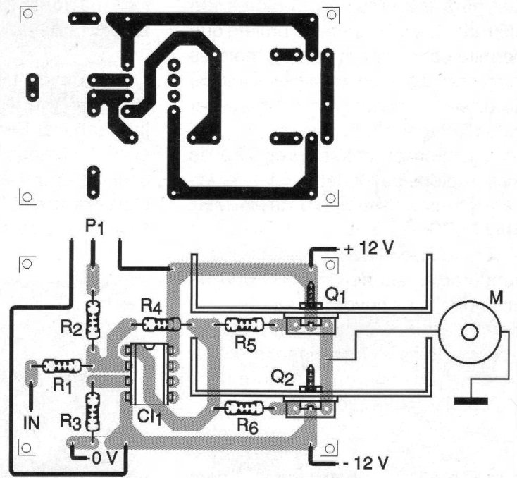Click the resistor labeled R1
coord(62,366)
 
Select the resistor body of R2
coord(93,320)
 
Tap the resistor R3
coord(93,412)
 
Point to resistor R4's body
coord(161,324)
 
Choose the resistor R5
coord(244,324)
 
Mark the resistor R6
coord(244,408)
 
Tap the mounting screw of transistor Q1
coord(311,295)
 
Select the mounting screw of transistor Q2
coord(311,379)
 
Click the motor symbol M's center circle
coord(470,333)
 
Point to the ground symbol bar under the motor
coord(471,401)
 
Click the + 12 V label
coord(368,247)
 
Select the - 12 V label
coord(366,463)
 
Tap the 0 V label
coord(104,458)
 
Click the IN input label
coord(32,423)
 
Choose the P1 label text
coord(94,227)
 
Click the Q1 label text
coord(335,295)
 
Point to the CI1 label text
coord(149,417)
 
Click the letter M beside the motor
coord(497,298)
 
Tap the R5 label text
coord(245,344)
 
